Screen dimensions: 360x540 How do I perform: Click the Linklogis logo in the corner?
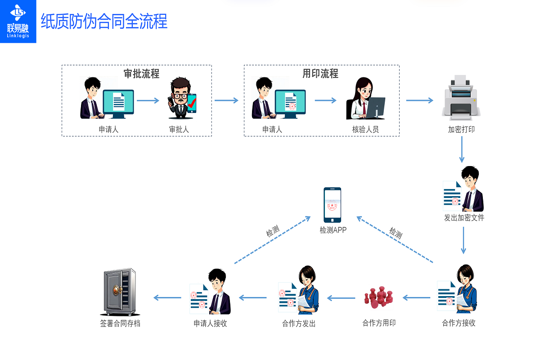[18, 21]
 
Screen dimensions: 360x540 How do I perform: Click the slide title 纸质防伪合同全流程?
[104, 21]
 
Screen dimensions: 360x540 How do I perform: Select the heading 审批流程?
[141, 74]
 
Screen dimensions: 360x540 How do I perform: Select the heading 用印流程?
[320, 74]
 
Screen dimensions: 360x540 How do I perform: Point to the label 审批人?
[179, 130]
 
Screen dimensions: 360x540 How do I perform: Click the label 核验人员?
[365, 130]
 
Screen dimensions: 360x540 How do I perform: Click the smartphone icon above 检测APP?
[333, 205]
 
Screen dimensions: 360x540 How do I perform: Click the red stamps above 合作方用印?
[378, 297]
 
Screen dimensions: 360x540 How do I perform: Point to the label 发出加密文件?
[464, 218]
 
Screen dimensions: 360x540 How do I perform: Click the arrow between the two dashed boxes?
[226, 100]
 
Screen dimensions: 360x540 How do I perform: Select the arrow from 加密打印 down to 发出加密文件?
[462, 149]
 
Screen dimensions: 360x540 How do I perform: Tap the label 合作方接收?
[459, 323]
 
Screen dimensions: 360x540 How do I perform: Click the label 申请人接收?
[210, 323]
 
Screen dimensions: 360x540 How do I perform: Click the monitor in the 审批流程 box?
[118, 103]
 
